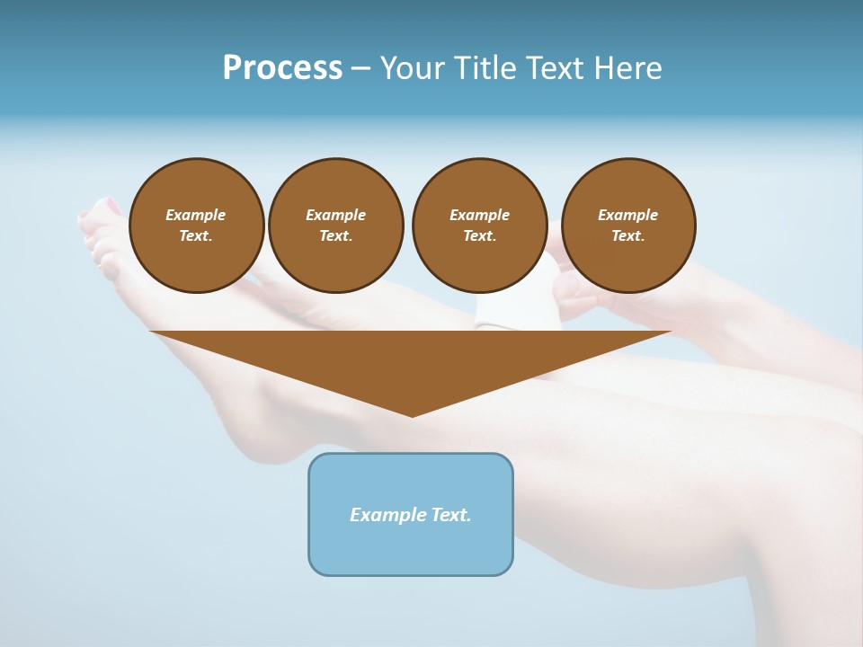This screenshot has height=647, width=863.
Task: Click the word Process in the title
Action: (x=282, y=68)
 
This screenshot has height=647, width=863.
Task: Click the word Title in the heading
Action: (x=485, y=68)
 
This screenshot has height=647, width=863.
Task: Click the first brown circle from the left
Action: (x=196, y=226)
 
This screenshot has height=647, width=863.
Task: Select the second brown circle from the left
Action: (x=335, y=226)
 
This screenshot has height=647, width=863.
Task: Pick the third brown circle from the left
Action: (x=479, y=226)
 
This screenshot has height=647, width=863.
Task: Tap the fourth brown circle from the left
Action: (x=628, y=226)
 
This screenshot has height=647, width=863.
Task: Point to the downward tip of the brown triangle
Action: (x=413, y=414)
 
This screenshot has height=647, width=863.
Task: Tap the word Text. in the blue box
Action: (x=450, y=515)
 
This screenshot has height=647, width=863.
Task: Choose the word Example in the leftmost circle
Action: (x=196, y=215)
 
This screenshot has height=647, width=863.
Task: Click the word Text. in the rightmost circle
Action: (x=628, y=236)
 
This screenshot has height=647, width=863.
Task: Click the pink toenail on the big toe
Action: (x=111, y=206)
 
